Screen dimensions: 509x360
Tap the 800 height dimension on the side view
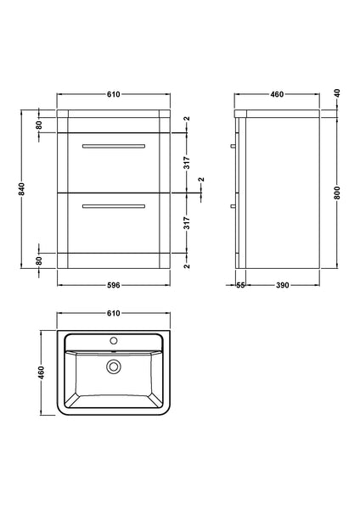[x=340, y=193]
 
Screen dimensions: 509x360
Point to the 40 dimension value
[x=340, y=92]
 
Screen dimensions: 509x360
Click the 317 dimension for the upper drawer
[x=186, y=164]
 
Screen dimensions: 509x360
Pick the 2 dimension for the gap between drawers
[x=200, y=181]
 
